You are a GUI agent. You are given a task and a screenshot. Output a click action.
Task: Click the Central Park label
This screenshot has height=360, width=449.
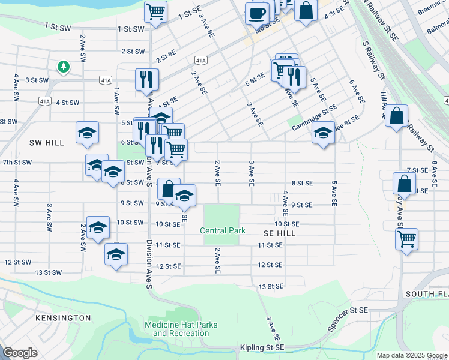[x=221, y=231]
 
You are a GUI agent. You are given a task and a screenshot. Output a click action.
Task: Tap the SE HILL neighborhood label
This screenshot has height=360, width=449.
[x=279, y=233]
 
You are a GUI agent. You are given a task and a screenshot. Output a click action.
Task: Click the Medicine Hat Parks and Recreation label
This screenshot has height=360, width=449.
[x=185, y=329]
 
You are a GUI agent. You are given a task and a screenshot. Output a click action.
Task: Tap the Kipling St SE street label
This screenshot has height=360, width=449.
[x=264, y=348]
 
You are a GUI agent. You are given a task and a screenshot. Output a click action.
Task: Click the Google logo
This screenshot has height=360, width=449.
[x=20, y=353]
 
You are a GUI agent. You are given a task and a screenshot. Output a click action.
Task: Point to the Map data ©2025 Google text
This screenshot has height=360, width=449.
[x=411, y=355]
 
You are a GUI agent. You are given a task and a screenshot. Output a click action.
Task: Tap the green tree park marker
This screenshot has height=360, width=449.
[x=64, y=66]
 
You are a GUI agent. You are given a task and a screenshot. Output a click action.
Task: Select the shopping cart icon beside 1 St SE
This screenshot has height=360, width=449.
[x=155, y=11]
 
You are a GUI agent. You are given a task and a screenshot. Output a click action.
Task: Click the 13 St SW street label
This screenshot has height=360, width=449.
[x=48, y=272]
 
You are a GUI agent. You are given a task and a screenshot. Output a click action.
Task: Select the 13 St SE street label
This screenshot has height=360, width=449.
[x=270, y=287]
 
